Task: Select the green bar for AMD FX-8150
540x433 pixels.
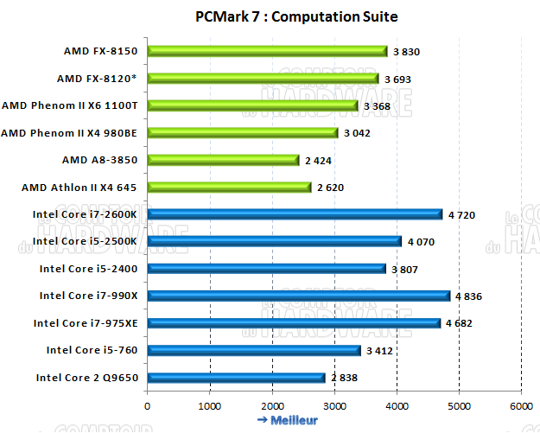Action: (x=267, y=51)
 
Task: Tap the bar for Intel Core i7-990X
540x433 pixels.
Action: (x=298, y=296)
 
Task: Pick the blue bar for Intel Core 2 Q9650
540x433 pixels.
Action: (x=236, y=377)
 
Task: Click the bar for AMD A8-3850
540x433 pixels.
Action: (x=223, y=160)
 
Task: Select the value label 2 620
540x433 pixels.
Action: (x=330, y=188)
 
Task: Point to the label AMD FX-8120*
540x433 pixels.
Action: (x=98, y=79)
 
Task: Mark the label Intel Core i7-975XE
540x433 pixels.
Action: (x=87, y=323)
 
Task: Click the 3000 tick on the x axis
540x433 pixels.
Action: (x=334, y=404)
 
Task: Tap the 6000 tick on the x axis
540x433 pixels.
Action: (x=521, y=404)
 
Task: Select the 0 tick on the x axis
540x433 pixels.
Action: (x=148, y=404)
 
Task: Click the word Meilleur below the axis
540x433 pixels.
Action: (x=294, y=420)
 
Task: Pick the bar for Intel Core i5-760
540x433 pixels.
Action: (x=254, y=350)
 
